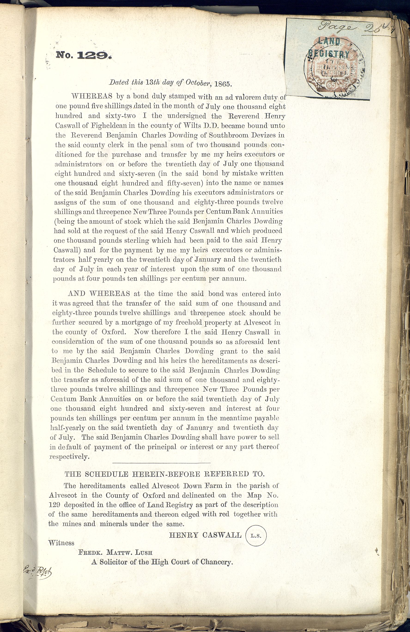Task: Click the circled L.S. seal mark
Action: pyautogui.click(x=256, y=536)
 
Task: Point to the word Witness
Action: pyautogui.click(x=61, y=543)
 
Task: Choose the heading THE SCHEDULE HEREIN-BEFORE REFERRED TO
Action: pyautogui.click(x=164, y=474)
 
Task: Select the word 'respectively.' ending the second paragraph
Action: pyautogui.click(x=70, y=456)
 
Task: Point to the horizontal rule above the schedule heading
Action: pyautogui.click(x=161, y=463)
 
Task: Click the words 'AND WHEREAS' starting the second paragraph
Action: pyautogui.click(x=99, y=293)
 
